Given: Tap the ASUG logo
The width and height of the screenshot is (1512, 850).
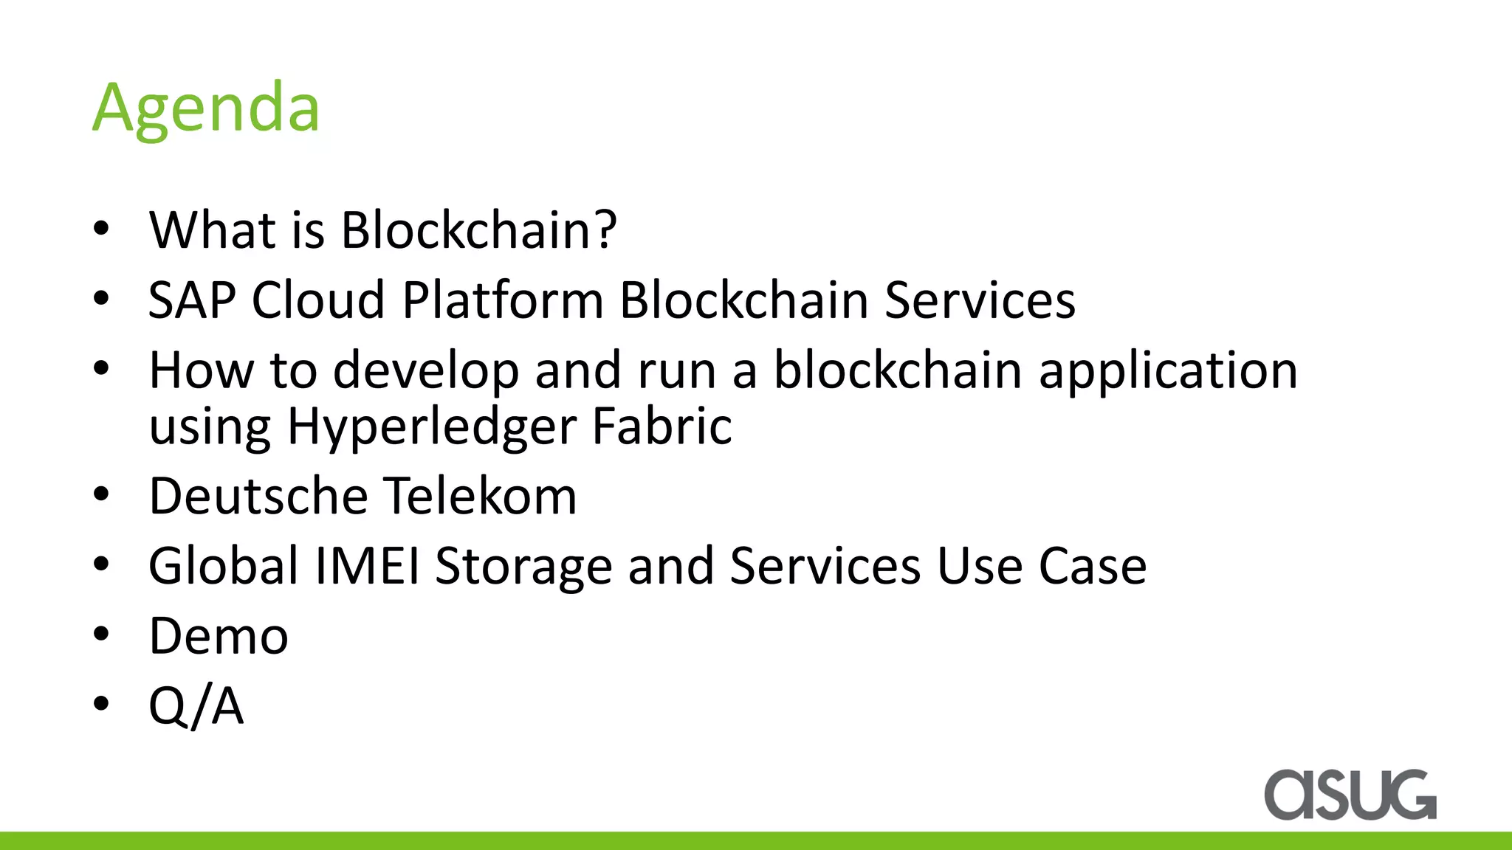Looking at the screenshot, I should [1350, 795].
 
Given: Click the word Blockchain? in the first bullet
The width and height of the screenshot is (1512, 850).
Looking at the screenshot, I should [478, 230].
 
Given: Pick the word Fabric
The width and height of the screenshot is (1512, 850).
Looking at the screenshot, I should [661, 426].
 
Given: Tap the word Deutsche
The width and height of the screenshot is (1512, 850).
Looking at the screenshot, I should [258, 495].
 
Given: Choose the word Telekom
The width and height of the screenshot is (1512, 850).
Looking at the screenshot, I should [481, 495].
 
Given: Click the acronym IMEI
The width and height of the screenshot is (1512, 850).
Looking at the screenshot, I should [368, 566].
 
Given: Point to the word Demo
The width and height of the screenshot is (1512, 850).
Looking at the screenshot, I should [219, 635].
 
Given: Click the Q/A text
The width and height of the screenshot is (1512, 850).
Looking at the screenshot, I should [196, 706].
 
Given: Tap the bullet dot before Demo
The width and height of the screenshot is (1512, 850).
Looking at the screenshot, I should [101, 634].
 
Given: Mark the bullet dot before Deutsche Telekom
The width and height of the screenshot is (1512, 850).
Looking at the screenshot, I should [101, 494].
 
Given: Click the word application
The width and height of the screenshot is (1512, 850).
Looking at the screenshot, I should [1168, 371].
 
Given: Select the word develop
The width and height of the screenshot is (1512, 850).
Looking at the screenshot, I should [426, 371].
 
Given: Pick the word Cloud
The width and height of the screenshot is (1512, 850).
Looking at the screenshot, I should [318, 300].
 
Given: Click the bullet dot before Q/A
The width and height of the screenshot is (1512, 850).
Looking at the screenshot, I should [101, 704].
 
